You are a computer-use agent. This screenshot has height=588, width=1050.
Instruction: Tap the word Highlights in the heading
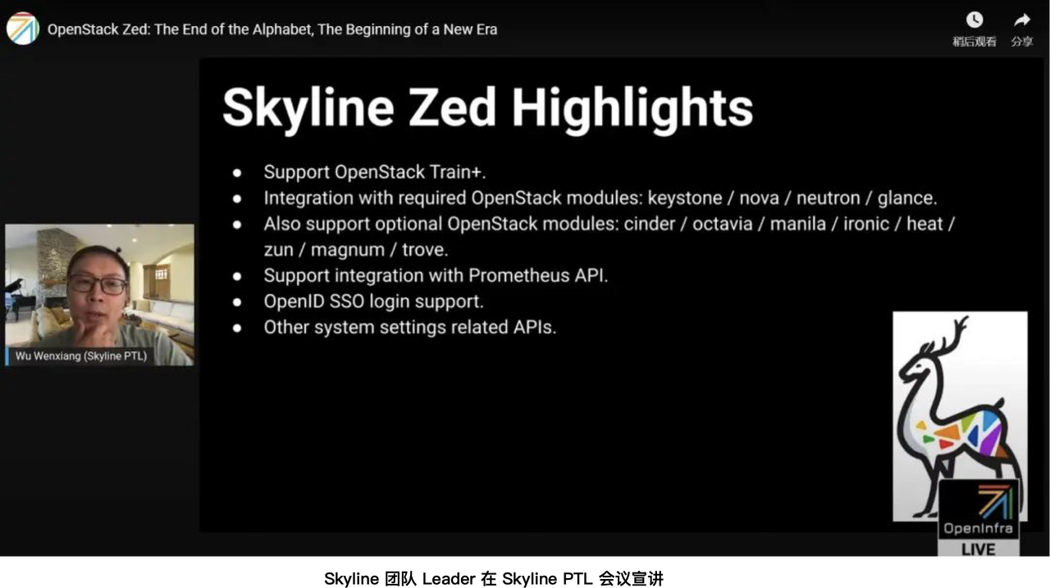(x=632, y=107)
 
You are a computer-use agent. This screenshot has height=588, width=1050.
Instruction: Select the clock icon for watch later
(x=975, y=20)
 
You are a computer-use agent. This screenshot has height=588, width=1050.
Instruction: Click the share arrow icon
(x=1022, y=20)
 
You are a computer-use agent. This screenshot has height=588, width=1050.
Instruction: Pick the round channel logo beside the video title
(x=22, y=29)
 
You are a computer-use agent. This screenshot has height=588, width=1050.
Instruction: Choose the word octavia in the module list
(x=722, y=224)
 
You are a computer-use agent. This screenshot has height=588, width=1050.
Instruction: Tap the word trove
(x=424, y=249)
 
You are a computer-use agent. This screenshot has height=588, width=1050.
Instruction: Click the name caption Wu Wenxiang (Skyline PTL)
(x=81, y=356)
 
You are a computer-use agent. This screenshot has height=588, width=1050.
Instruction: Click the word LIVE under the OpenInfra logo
(x=978, y=549)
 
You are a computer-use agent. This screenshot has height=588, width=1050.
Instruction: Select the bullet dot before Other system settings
(x=237, y=327)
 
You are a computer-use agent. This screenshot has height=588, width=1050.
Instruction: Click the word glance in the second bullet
(x=907, y=198)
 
